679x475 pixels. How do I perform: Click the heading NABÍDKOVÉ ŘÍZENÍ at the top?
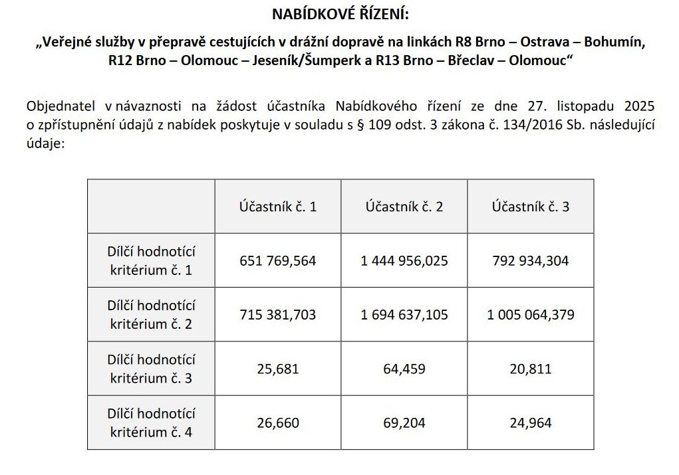340,14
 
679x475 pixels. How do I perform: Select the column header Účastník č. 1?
278,207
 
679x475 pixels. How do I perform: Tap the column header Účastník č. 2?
404,207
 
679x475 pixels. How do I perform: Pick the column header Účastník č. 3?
531,207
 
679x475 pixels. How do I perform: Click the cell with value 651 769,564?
278,260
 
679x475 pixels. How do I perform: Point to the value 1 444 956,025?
404,260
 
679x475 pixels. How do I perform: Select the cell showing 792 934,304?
531,260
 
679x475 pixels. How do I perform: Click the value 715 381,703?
278,314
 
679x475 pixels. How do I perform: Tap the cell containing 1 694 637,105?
404,314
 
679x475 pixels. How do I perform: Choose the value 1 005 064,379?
531,314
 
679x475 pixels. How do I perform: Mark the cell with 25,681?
278,368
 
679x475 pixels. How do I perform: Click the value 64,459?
404,368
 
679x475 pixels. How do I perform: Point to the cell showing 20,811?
531,368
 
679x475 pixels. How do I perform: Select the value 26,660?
278,423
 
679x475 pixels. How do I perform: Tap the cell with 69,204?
404,423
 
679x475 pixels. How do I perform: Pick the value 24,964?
531,423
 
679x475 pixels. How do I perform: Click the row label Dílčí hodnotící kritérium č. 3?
151,368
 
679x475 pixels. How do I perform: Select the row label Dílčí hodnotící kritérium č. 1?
151,260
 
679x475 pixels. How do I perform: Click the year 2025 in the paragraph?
639,106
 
